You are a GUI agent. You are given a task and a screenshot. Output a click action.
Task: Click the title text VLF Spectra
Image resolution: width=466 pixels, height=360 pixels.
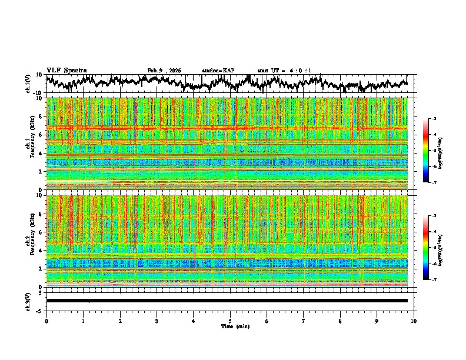[66, 70]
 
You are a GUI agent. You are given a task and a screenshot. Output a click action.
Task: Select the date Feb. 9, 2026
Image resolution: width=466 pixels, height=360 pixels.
[164, 71]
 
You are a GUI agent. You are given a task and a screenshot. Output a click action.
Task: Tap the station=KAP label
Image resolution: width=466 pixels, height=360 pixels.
[218, 71]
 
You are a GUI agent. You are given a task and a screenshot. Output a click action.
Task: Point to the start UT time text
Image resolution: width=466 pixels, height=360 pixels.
[284, 71]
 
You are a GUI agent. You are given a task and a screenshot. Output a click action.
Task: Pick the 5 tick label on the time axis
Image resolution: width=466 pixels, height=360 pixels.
[230, 321]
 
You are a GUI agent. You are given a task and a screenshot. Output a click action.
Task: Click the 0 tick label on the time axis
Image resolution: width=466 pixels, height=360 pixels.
[46, 321]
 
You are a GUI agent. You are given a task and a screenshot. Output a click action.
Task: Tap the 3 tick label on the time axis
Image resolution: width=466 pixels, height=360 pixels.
[157, 321]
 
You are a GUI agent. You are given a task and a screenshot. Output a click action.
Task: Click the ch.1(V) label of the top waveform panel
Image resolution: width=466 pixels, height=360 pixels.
[28, 84]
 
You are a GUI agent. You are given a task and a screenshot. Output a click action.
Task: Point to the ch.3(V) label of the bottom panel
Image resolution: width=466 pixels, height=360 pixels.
[28, 301]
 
